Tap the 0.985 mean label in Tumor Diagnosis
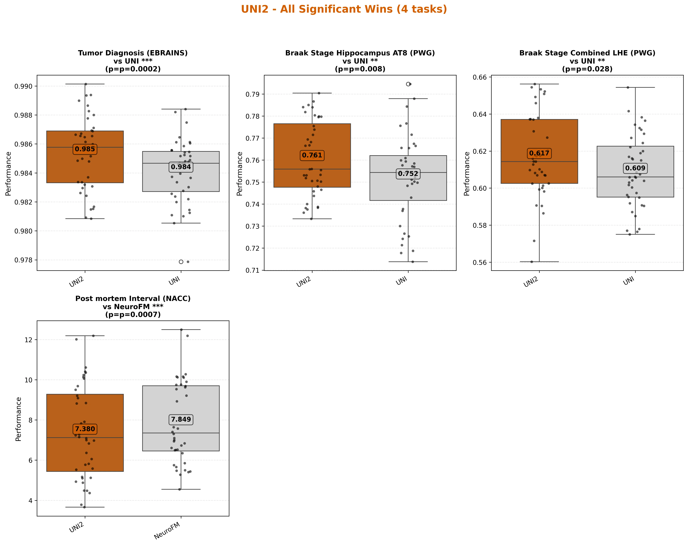(85, 149)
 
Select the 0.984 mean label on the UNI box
(181, 167)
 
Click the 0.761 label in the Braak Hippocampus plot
(312, 155)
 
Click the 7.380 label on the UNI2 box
(85, 429)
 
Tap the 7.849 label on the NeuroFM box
(181, 419)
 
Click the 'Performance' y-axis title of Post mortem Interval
(18, 419)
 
